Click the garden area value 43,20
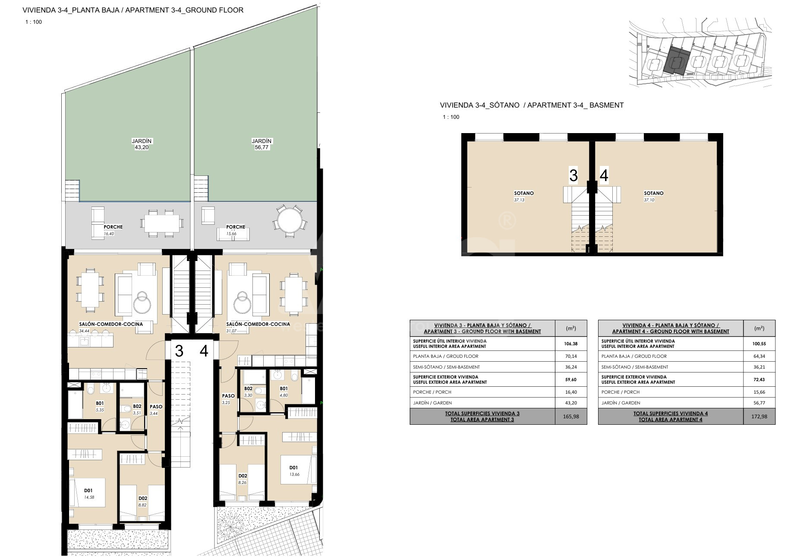(x=142, y=147)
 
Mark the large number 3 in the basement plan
(x=573, y=176)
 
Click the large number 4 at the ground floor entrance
(x=204, y=351)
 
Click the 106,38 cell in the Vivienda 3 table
(x=570, y=344)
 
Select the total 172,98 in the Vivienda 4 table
(x=759, y=417)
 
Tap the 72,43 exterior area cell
(x=759, y=380)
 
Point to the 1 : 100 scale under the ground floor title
(x=33, y=22)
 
